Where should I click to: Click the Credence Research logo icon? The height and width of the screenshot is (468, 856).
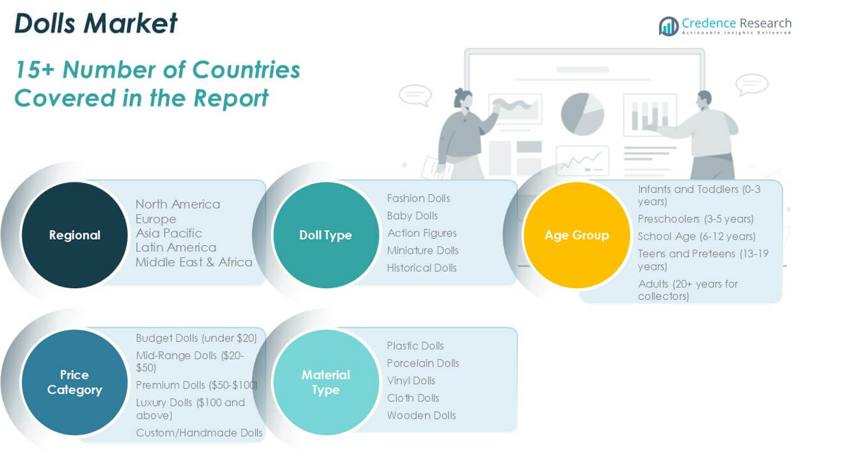tap(669, 26)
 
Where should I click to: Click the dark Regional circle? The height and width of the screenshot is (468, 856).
tap(75, 235)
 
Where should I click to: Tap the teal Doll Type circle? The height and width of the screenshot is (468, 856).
tap(325, 235)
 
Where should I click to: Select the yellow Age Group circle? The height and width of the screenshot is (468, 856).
tap(577, 235)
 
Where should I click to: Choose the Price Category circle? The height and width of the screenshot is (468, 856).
tap(75, 382)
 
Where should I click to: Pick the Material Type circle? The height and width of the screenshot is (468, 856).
tap(325, 382)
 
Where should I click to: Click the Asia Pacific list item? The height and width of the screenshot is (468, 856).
tap(169, 233)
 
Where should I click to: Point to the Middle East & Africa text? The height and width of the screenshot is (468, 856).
tap(194, 262)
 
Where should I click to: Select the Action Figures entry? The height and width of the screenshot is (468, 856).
tap(422, 233)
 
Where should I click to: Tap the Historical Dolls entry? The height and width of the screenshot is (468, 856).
tap(422, 268)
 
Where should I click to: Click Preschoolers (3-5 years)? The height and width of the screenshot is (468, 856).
tap(695, 219)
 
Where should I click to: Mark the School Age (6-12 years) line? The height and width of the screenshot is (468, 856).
tap(697, 237)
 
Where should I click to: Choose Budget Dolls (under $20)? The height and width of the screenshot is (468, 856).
tap(196, 338)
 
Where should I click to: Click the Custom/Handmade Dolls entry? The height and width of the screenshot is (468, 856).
tap(199, 432)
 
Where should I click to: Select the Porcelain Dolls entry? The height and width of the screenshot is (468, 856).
tap(423, 363)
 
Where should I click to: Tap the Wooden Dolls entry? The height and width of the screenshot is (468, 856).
tap(421, 415)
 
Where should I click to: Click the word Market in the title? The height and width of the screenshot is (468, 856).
tap(130, 23)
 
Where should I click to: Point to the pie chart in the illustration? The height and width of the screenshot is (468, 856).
tap(582, 114)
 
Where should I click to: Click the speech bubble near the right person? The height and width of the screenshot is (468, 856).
tap(752, 84)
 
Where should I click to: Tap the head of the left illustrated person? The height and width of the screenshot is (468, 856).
tap(463, 98)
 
